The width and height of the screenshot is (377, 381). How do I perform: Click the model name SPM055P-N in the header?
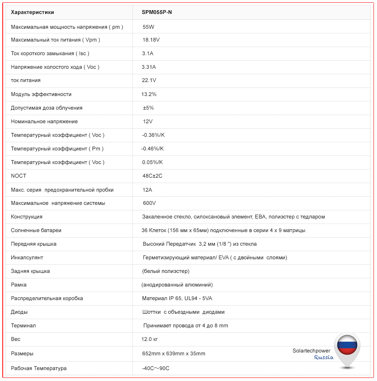pos(157,12)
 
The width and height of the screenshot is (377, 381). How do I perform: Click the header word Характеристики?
pos(32,12)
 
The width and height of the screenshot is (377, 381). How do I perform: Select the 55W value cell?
pos(149,27)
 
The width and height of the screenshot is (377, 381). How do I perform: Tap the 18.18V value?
pos(151,40)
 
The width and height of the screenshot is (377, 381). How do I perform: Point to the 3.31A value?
pos(149,67)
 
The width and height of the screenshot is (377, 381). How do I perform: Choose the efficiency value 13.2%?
pos(149,94)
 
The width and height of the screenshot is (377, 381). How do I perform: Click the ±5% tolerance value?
pos(148,108)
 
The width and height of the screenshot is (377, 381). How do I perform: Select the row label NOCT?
pos(19,176)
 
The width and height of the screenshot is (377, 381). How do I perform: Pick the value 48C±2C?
pos(152,176)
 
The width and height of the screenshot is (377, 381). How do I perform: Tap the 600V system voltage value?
pos(149,203)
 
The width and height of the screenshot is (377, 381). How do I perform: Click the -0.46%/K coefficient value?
pos(153,149)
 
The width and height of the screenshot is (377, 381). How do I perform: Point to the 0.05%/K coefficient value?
pos(152,162)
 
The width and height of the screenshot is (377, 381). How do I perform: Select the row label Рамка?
pos(19,285)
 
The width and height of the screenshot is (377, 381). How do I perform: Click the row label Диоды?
pos(19,312)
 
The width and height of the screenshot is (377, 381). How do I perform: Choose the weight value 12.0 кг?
pos(150,339)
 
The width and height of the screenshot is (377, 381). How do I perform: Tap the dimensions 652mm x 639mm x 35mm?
pos(174,353)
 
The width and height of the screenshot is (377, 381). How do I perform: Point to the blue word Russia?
pos(324,357)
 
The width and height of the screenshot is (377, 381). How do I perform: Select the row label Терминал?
pos(23,325)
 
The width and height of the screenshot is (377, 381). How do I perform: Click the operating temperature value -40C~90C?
pos(156,368)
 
